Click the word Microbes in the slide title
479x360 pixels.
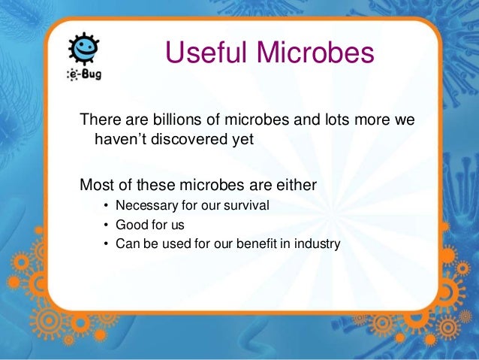315,54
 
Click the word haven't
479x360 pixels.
120,139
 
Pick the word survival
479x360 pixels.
246,205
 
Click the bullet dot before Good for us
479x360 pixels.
107,225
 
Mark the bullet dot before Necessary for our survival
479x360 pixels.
107,206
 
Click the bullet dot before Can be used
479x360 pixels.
107,244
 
